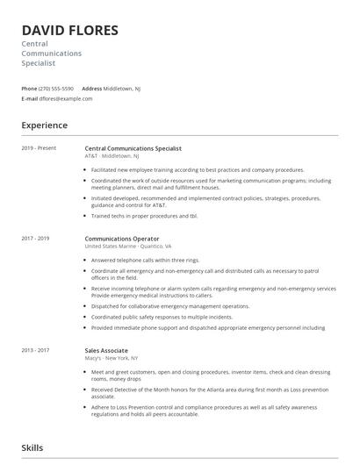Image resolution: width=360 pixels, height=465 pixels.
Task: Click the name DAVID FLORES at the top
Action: coord(69,31)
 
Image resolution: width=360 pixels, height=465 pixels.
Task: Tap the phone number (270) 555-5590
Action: coord(57,89)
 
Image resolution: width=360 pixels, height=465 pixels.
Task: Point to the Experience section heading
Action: coord(45,125)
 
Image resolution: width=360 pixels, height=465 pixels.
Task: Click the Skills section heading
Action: coord(33,448)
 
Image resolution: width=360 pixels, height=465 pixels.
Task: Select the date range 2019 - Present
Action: coord(39,147)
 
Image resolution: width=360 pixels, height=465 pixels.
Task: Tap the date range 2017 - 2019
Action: coord(36,238)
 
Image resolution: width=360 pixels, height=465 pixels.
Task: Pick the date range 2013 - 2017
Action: coord(36,349)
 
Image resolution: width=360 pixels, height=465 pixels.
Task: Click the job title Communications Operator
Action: coord(122,238)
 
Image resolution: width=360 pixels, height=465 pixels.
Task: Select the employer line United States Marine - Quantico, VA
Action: coord(127,247)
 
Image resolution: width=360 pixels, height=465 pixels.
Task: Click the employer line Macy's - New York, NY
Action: coord(112,358)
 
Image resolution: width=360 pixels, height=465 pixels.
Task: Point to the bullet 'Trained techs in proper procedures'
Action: coord(144,215)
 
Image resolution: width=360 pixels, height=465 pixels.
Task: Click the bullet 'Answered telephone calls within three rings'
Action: coord(145,260)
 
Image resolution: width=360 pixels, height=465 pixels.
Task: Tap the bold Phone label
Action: coord(29,89)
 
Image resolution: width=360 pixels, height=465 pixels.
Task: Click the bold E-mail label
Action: coord(30,99)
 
